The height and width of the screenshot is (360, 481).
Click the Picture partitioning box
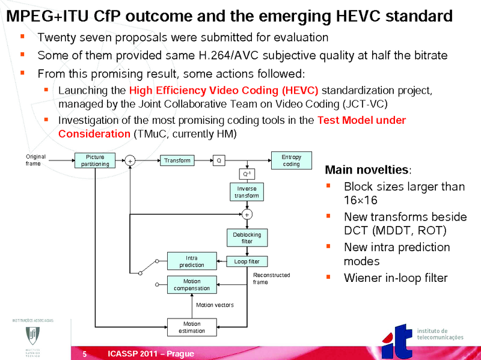coord(96,160)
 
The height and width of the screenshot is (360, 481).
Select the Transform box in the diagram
coord(177,160)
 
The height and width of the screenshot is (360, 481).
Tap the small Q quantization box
coord(219,160)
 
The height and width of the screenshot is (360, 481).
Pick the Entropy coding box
coord(291,160)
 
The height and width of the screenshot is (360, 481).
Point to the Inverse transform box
coord(247,192)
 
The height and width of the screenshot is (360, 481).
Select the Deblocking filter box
coord(247,237)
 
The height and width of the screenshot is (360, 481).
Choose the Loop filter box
coord(247,261)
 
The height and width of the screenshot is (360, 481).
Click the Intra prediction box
coord(192,261)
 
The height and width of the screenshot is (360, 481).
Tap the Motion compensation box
coord(192,284)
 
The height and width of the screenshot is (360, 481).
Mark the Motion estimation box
coord(192,327)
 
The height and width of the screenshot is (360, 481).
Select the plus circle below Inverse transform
coord(247,215)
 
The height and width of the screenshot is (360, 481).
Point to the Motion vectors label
coord(215,305)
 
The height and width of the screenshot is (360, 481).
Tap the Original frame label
coord(35,160)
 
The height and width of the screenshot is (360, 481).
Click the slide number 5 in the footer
coord(85,354)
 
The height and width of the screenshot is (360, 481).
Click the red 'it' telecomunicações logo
coord(398,340)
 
